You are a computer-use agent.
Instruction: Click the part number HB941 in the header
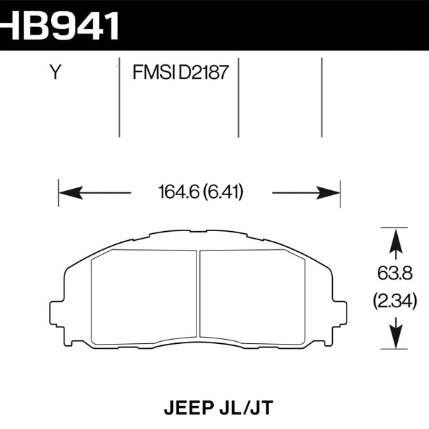click(59, 26)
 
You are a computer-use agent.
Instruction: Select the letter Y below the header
click(55, 72)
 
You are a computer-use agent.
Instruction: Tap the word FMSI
click(154, 72)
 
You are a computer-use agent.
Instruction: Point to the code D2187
click(203, 72)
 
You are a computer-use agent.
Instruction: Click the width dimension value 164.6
click(179, 192)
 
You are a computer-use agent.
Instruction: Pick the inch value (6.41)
click(223, 192)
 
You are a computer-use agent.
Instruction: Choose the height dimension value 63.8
click(395, 273)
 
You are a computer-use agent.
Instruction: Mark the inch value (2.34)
click(395, 301)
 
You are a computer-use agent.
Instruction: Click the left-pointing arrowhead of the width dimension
click(71, 192)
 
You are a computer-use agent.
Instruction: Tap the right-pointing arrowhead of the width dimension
click(328, 192)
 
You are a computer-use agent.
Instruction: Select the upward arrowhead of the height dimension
click(396, 241)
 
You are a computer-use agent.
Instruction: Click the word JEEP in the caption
click(188, 408)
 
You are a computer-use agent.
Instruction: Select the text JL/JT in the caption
click(246, 408)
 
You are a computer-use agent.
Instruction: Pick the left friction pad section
click(144, 297)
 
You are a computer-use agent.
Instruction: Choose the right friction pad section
click(253, 297)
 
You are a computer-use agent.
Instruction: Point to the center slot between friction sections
click(199, 293)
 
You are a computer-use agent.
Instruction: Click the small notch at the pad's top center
click(199, 232)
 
